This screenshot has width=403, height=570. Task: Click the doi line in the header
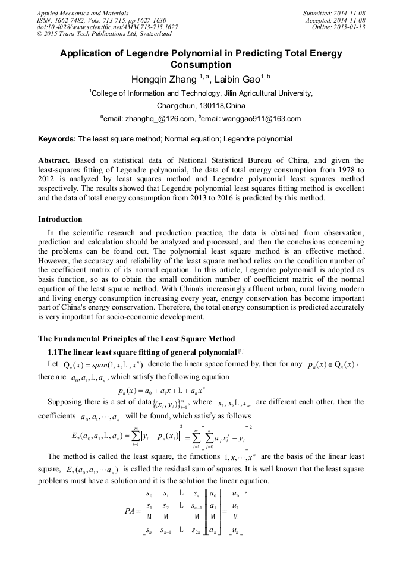click(107, 27)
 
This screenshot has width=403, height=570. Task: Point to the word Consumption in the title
click(201, 64)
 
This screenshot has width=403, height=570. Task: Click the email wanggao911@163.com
click(261, 119)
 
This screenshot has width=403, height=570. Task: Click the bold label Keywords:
click(57, 139)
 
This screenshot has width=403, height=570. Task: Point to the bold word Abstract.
click(55, 160)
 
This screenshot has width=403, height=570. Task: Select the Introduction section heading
click(60, 219)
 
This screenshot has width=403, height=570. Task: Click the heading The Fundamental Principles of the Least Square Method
click(136, 338)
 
